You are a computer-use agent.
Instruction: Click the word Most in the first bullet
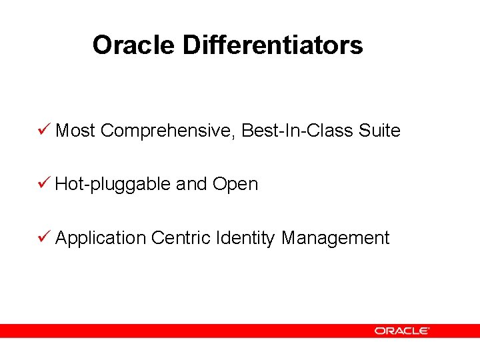(x=75, y=131)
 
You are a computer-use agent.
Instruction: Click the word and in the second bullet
(x=191, y=184)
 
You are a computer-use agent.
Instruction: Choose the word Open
(x=235, y=185)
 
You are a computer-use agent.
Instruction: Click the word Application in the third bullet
(x=100, y=239)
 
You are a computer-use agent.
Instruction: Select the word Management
(x=335, y=239)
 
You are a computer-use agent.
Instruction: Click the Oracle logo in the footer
(x=401, y=330)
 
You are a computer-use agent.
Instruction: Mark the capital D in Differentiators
(x=191, y=45)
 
